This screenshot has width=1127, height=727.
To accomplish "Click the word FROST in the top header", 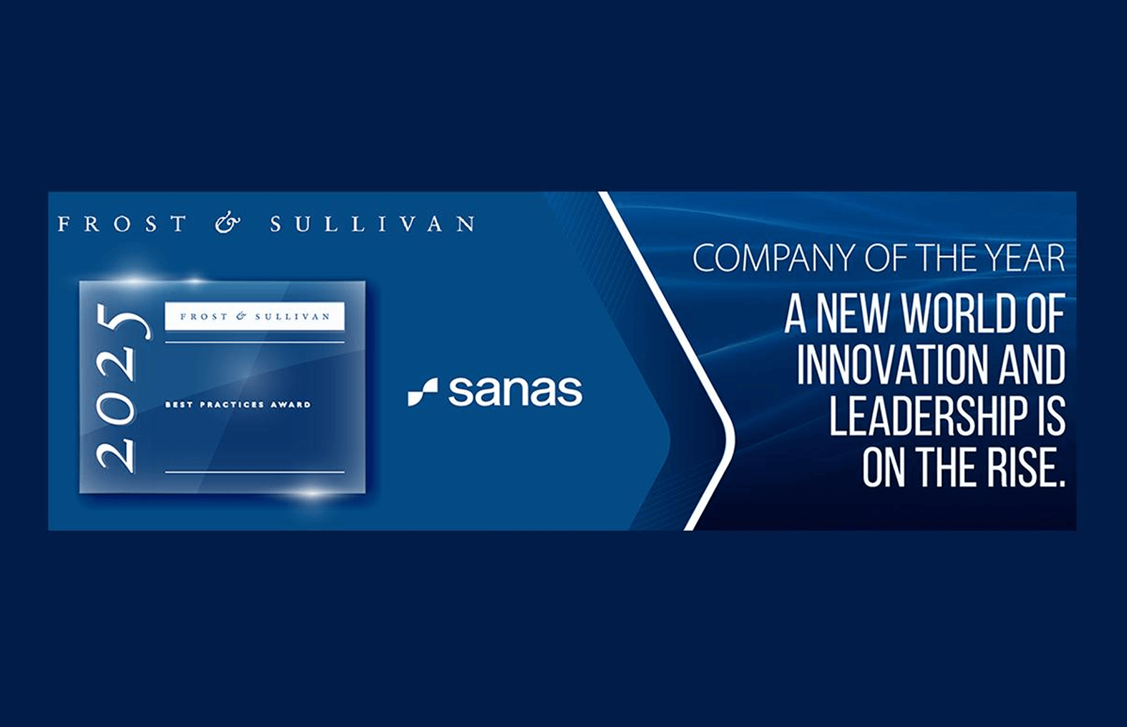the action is (122, 224).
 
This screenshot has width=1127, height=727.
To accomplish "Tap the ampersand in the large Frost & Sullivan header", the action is (228, 224).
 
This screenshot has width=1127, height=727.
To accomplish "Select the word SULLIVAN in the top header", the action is (372, 224).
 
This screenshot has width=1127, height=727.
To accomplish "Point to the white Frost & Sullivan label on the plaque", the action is (255, 317).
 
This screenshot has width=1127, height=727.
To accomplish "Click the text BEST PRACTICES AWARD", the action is (238, 404).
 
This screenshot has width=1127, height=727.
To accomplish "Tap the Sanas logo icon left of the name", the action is (422, 392).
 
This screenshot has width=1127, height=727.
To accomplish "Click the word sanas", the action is (515, 391).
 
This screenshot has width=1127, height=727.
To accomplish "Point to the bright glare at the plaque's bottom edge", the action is (312, 493).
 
